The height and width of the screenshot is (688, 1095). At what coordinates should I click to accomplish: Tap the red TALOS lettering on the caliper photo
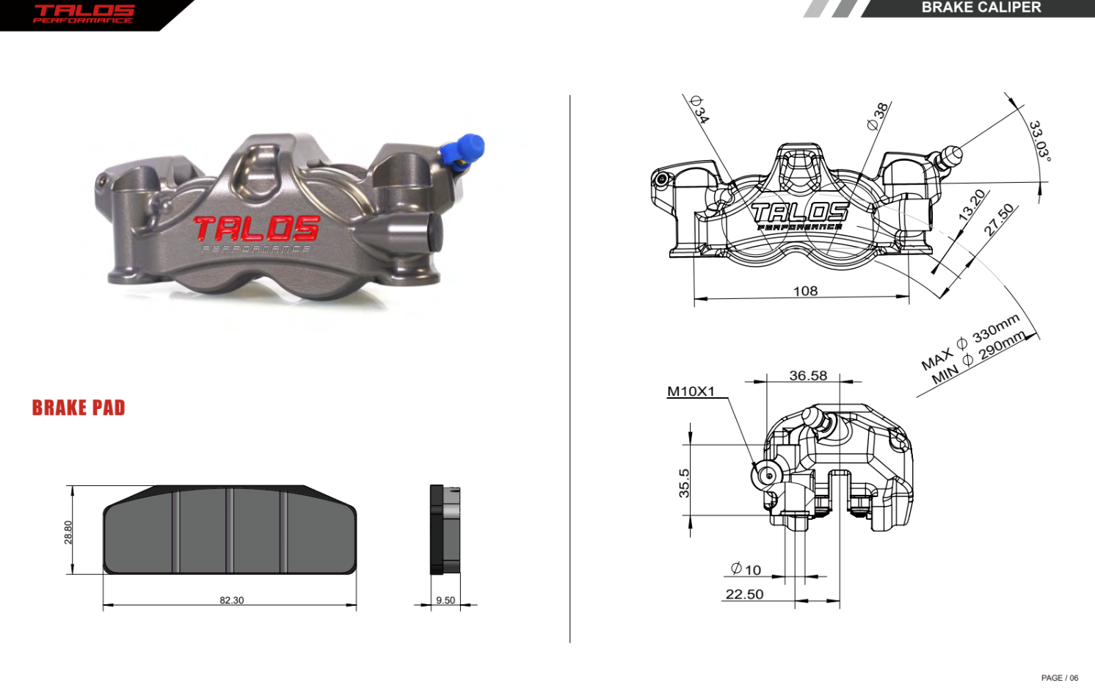(x=256, y=228)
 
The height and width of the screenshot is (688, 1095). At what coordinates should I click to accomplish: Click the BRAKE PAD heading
(x=79, y=408)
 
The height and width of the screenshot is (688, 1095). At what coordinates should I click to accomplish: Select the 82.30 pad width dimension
(x=231, y=600)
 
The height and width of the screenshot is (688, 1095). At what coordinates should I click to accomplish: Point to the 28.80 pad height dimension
(x=68, y=532)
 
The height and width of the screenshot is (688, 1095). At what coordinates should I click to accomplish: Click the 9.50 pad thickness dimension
(x=445, y=600)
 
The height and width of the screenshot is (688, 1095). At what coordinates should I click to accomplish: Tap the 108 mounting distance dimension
(x=805, y=291)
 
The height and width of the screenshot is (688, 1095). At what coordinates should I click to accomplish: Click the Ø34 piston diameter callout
(x=699, y=109)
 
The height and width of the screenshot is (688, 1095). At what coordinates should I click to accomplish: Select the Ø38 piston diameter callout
(x=877, y=116)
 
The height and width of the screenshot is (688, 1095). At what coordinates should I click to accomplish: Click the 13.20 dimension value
(x=972, y=205)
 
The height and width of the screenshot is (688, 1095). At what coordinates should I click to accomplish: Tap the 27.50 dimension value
(x=998, y=220)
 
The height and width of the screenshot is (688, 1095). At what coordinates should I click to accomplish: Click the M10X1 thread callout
(x=691, y=391)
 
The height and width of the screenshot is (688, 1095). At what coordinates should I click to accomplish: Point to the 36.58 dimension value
(x=808, y=375)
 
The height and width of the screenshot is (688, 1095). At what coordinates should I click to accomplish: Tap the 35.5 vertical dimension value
(x=684, y=483)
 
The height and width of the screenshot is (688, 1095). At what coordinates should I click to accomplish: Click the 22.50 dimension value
(x=744, y=594)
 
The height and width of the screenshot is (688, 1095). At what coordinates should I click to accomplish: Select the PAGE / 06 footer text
(x=1059, y=678)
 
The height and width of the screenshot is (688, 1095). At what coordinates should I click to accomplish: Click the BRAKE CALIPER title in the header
(x=981, y=7)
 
